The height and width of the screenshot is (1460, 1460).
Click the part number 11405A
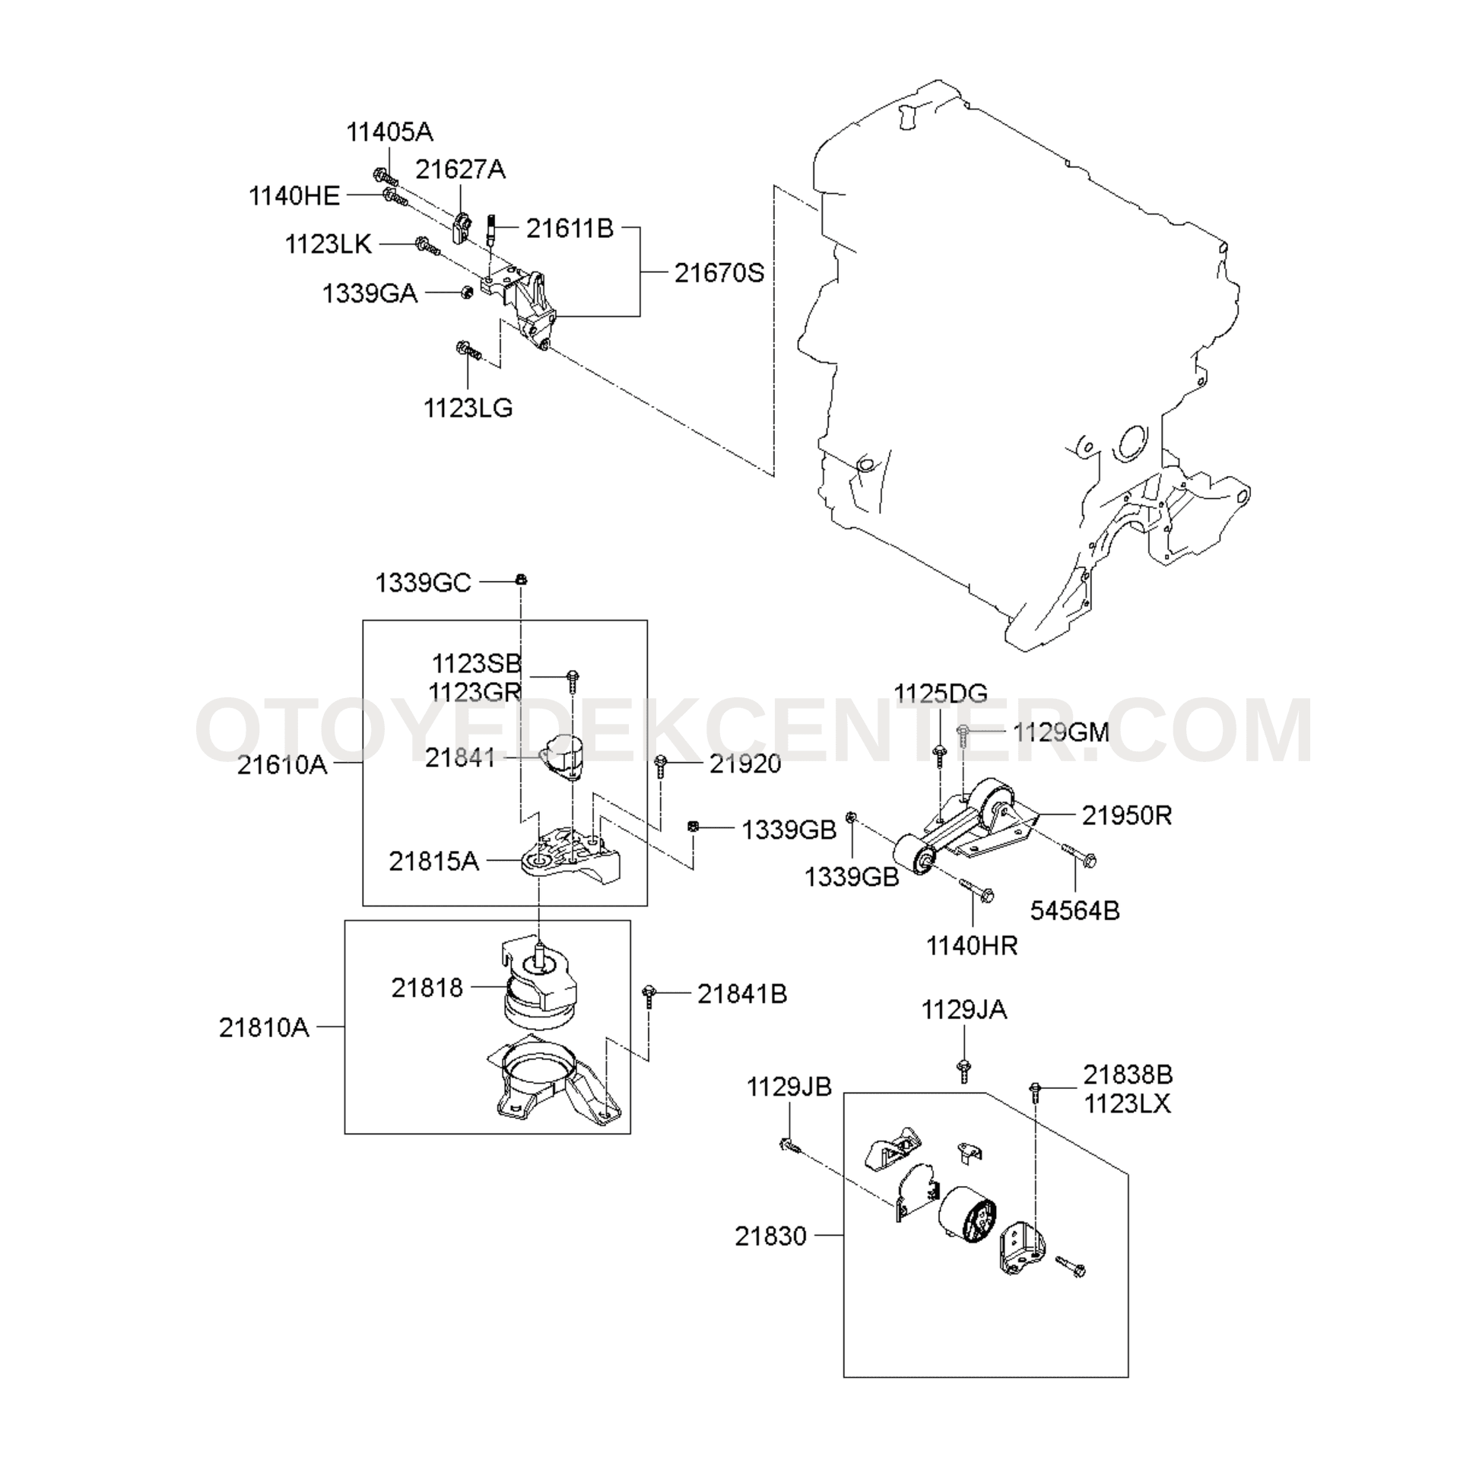(x=389, y=132)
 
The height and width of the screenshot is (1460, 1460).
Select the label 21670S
(x=719, y=273)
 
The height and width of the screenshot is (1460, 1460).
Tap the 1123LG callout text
(x=468, y=408)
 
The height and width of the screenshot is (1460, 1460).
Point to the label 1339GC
(x=423, y=583)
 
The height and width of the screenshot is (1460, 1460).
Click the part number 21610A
(x=282, y=764)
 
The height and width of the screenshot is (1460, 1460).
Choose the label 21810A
(x=264, y=1027)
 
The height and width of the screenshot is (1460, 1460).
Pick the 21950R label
(x=1127, y=815)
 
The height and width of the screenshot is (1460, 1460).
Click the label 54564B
(x=1074, y=910)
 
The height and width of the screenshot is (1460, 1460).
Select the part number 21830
(x=770, y=1236)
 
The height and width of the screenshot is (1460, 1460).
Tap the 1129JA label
(x=963, y=1010)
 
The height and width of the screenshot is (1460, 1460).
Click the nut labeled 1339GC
(x=521, y=579)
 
